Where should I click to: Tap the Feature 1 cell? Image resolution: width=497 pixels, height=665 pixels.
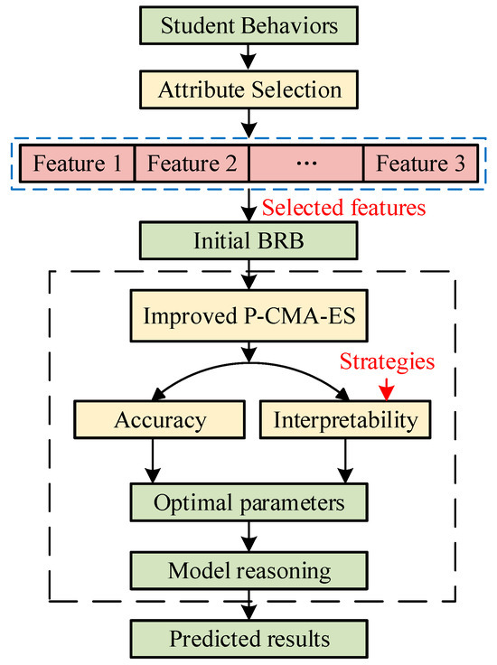click(x=77, y=164)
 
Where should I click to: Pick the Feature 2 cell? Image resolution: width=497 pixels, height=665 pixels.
click(x=192, y=164)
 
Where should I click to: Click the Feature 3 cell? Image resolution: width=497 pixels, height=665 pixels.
click(x=420, y=164)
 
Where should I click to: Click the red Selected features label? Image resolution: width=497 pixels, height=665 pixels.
click(x=343, y=210)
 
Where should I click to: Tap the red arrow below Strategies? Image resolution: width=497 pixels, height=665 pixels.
click(x=386, y=389)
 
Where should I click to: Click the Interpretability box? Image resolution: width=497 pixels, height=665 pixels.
click(x=343, y=419)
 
